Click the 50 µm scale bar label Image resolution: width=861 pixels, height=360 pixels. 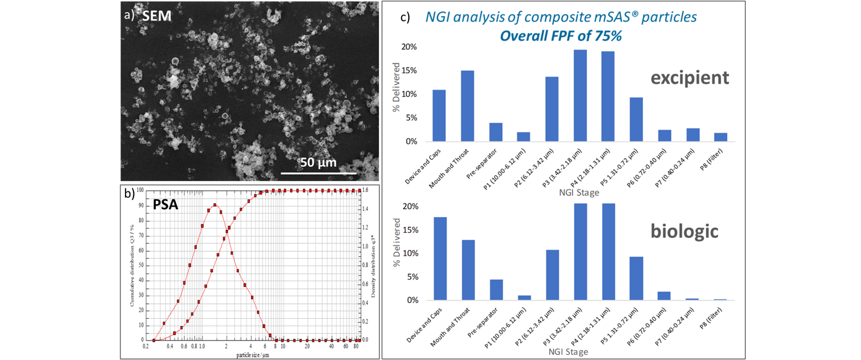tap(319, 162)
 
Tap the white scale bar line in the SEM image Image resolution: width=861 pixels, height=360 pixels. tap(319, 172)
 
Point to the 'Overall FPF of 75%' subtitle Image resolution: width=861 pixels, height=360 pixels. tap(561, 36)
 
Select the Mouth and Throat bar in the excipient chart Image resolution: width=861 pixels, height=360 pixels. tap(468, 106)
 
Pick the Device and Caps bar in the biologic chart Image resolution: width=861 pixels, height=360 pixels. tap(440, 258)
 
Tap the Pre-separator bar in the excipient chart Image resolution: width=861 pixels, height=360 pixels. tap(496, 132)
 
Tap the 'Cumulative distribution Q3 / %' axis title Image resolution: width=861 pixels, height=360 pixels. tap(131, 265)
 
